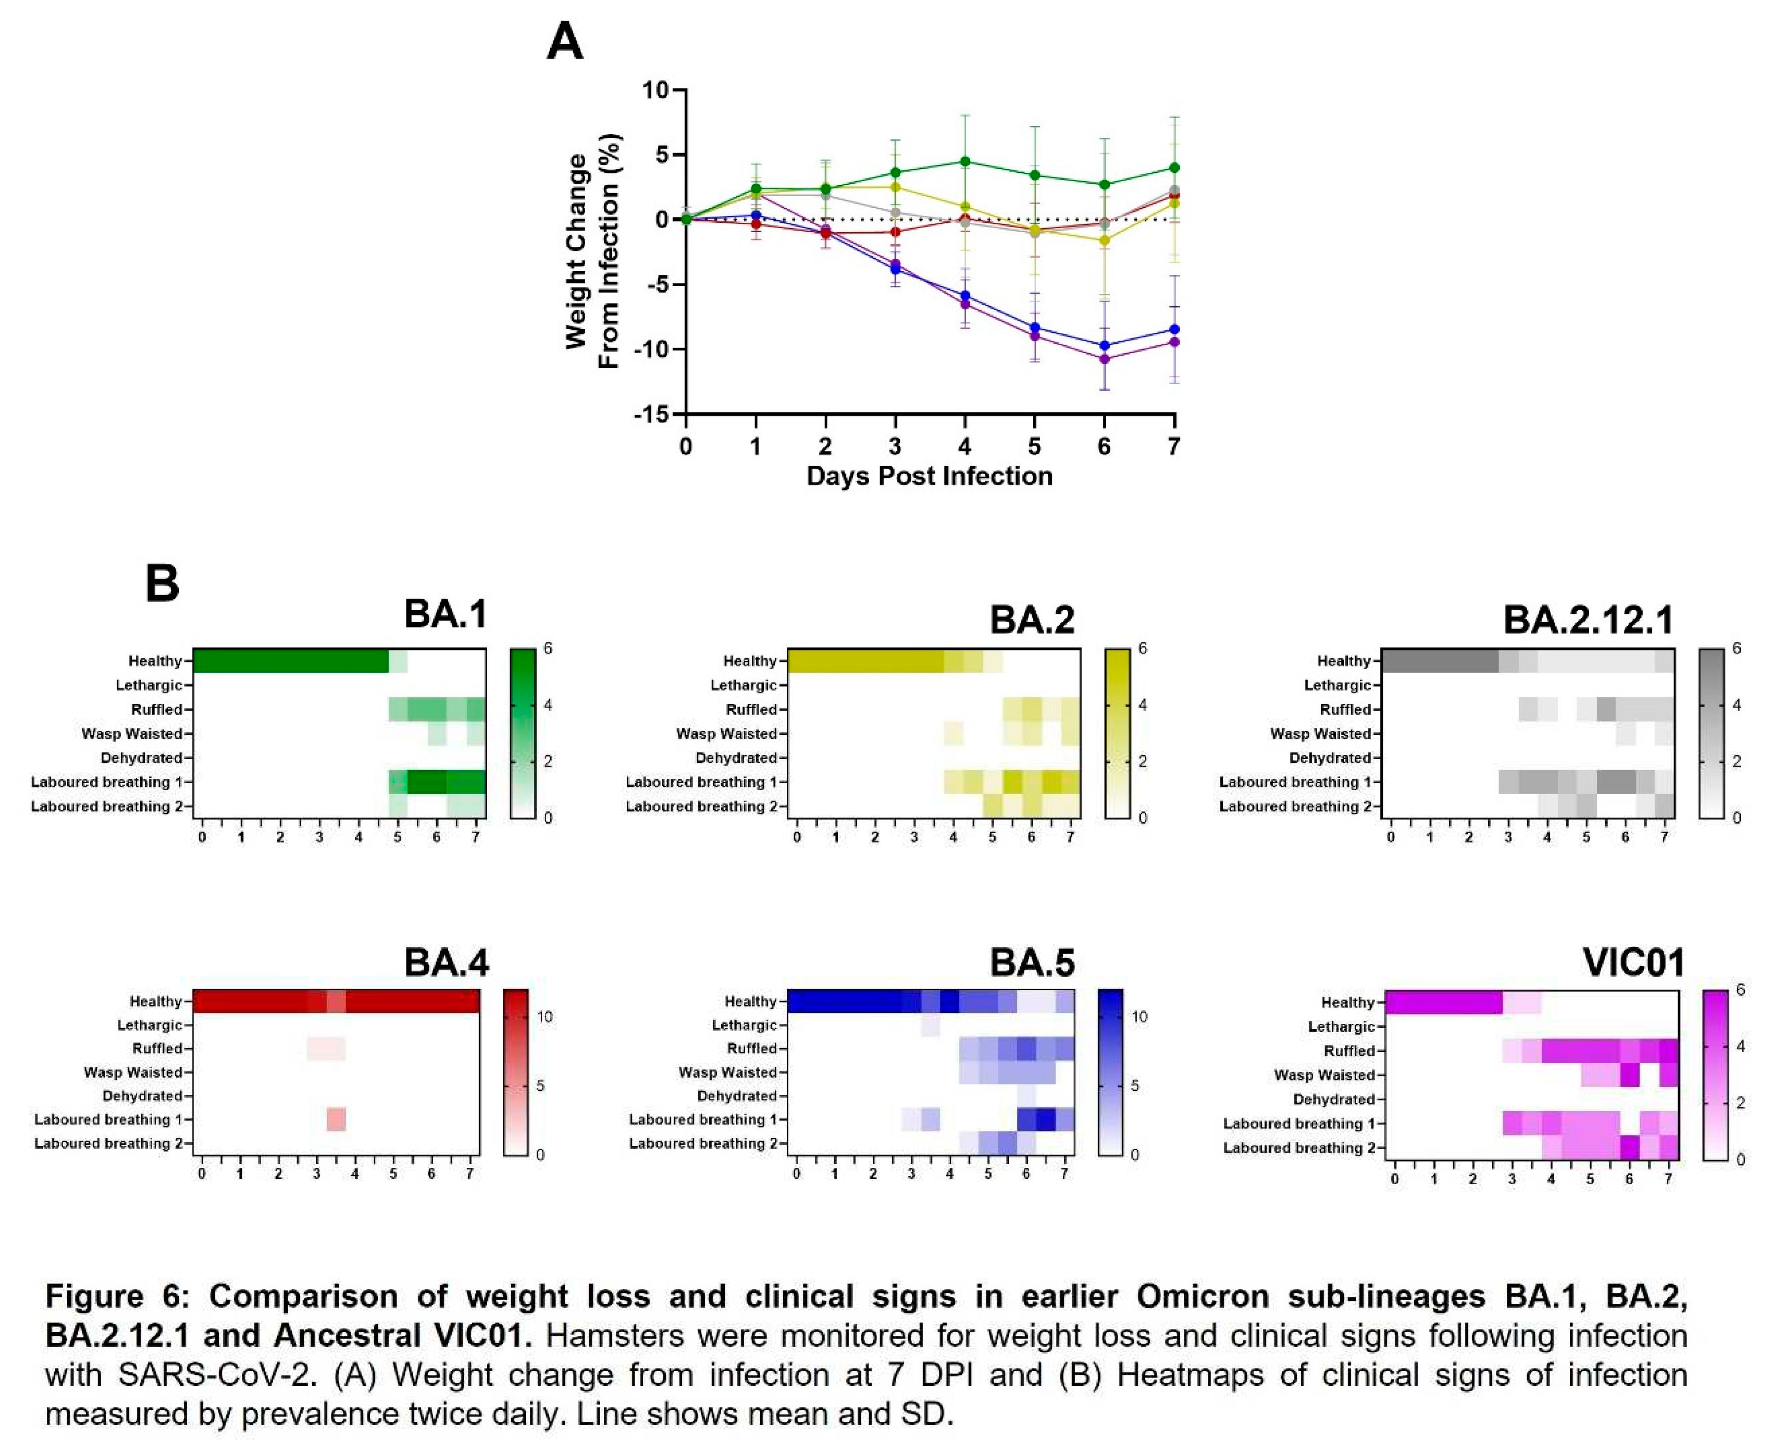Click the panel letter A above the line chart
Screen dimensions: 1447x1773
coord(564,41)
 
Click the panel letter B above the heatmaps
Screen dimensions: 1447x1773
coord(162,583)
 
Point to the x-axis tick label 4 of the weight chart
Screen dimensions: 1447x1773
coord(965,447)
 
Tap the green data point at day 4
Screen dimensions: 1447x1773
coord(965,161)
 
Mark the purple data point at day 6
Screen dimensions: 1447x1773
coord(1104,359)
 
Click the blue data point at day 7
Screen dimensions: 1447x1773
coord(1174,329)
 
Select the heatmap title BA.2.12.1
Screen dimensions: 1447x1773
coord(1587,619)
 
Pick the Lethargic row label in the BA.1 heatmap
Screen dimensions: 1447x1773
coord(148,685)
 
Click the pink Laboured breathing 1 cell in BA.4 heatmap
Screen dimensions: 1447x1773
coord(336,1120)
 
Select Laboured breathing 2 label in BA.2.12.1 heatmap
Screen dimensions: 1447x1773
coord(1294,806)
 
